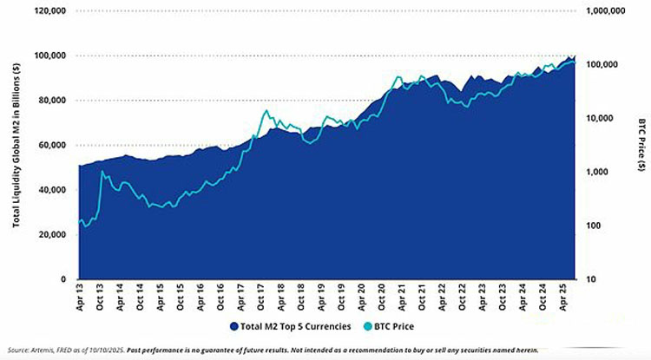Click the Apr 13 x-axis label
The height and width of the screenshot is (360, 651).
[x=79, y=296]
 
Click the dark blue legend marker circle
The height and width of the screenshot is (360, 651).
[x=233, y=326]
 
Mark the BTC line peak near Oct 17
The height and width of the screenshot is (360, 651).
[x=265, y=111]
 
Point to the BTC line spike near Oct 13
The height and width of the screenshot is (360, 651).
[x=103, y=172]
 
